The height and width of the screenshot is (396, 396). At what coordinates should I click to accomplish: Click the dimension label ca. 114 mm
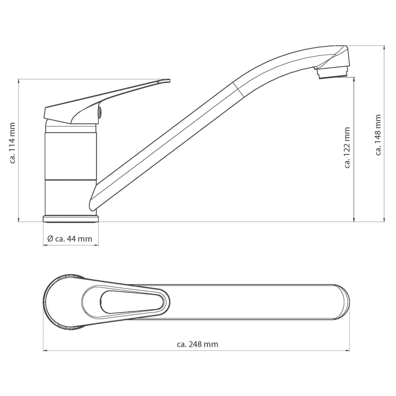coord(12,143)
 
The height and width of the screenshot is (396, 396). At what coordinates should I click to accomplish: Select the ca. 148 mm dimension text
coord(378,135)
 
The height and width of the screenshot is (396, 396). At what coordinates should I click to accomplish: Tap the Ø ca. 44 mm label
coord(70,239)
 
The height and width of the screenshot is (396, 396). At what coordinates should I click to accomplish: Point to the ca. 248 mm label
coord(197,344)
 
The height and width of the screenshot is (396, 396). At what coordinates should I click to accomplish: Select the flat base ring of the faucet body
coord(70,219)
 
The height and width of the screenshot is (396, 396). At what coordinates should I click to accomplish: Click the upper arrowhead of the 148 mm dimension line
coord(384,48)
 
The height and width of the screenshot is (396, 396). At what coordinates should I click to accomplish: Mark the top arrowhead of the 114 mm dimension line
coord(19,81)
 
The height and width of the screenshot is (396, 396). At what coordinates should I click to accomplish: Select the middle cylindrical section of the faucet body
coord(70,156)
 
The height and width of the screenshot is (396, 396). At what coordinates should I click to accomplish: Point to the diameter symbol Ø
coord(50,239)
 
